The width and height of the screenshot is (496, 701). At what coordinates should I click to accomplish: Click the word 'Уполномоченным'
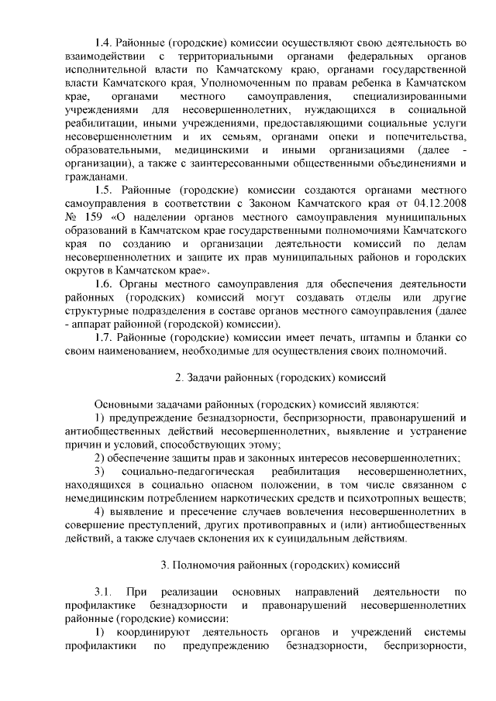(250, 83)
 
